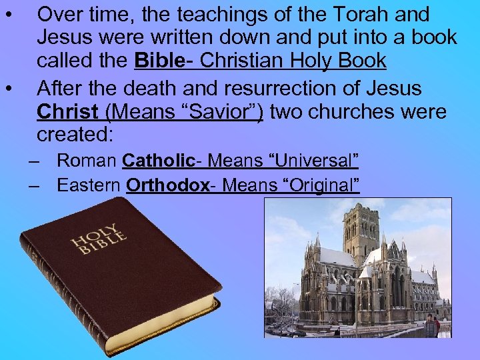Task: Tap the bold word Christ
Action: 67,111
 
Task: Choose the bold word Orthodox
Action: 167,185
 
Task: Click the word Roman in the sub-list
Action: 87,161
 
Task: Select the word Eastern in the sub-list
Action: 89,185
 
